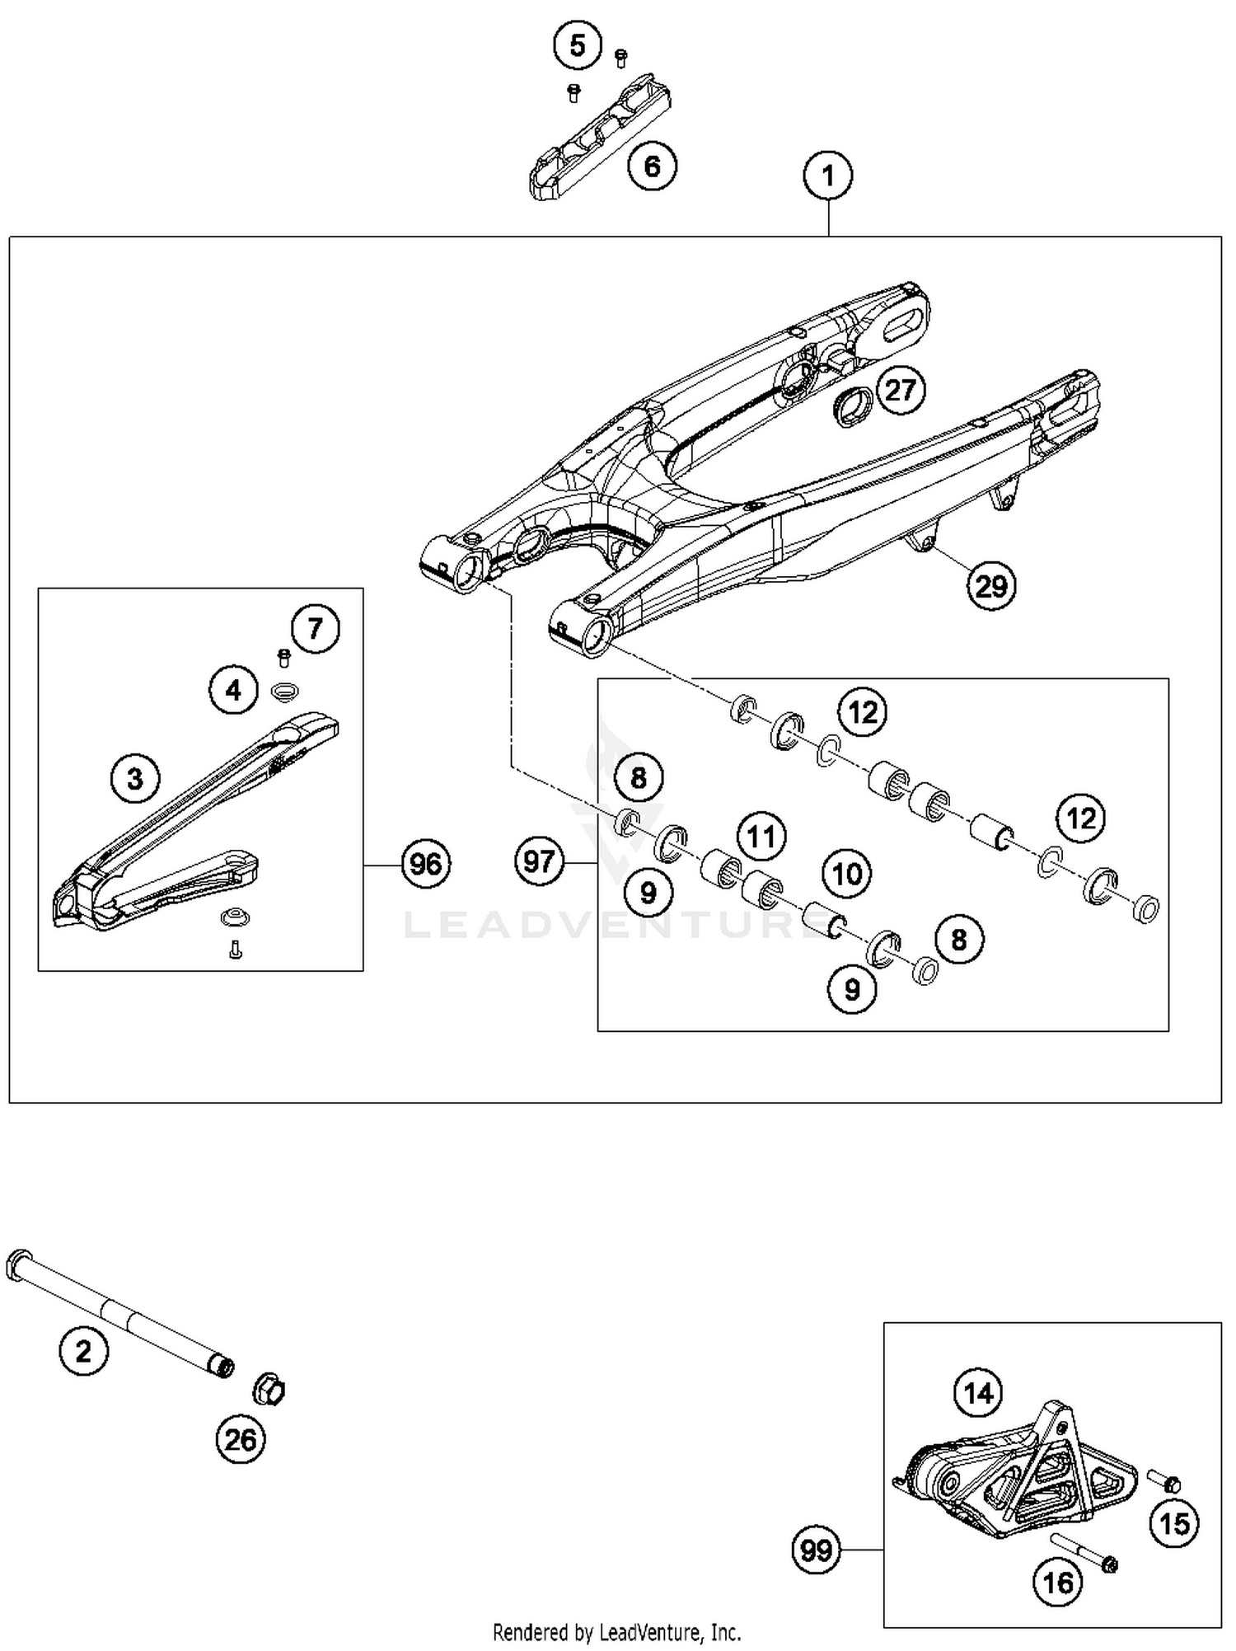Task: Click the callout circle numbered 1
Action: pyautogui.click(x=828, y=176)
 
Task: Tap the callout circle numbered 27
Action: pyautogui.click(x=901, y=389)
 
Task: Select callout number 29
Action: pyautogui.click(x=990, y=586)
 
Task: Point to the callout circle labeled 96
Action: pyautogui.click(x=426, y=864)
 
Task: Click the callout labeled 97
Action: pyautogui.click(x=540, y=861)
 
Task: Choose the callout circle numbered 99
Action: pyautogui.click(x=817, y=1550)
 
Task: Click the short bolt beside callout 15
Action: pyautogui.click(x=1163, y=1481)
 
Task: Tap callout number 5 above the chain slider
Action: pyautogui.click(x=578, y=45)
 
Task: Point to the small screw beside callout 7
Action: pyautogui.click(x=284, y=657)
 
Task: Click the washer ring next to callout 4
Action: pyautogui.click(x=284, y=692)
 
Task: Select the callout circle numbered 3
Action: pyautogui.click(x=136, y=777)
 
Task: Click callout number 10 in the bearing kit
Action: pyautogui.click(x=847, y=874)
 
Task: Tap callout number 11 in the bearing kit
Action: pyautogui.click(x=761, y=836)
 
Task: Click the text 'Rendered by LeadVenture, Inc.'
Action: pyautogui.click(x=616, y=1631)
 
